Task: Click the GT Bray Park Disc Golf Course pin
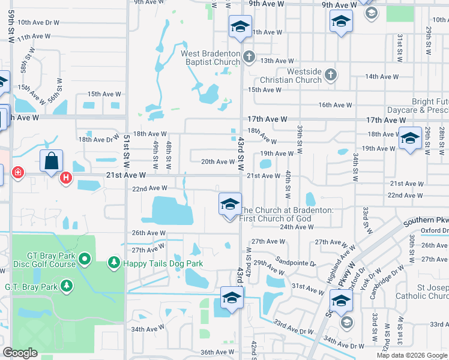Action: tap(85, 259)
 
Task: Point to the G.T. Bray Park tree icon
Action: tap(67, 286)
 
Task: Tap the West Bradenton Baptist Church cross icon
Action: tap(249, 57)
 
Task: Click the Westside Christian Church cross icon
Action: tap(330, 76)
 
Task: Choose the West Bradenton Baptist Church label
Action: tap(211, 58)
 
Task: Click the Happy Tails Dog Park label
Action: tap(163, 263)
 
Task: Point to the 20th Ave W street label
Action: tap(217, 161)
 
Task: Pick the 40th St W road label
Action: tap(288, 184)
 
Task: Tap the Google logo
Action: tap(20, 353)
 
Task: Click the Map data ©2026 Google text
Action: tap(412, 355)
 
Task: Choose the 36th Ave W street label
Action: tap(216, 352)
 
